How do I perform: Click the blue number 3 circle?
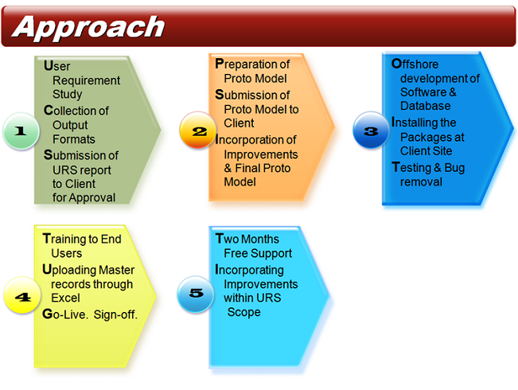tap(370, 131)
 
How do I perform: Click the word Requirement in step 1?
tap(86, 80)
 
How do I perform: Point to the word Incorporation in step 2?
tap(256, 140)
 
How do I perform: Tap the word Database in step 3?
tap(425, 106)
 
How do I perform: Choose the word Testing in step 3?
tap(412, 167)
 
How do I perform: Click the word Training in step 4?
tap(72, 238)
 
